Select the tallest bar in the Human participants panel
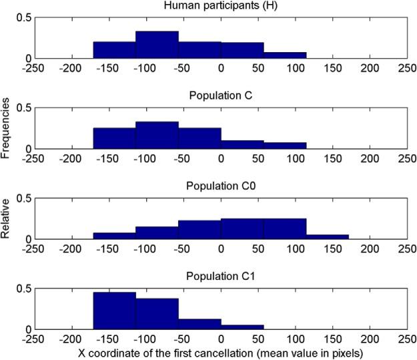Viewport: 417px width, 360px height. click(x=157, y=45)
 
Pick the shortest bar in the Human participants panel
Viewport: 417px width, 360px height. click(x=285, y=55)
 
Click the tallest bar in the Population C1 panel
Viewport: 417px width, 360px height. click(x=114, y=311)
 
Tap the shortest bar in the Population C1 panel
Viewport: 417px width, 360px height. click(x=242, y=327)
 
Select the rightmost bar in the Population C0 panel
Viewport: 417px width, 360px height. click(x=328, y=236)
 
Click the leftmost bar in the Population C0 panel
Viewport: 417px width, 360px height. click(x=114, y=236)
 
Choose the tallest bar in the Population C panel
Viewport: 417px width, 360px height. click(x=157, y=135)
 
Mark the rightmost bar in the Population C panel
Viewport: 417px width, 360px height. click(x=285, y=145)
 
